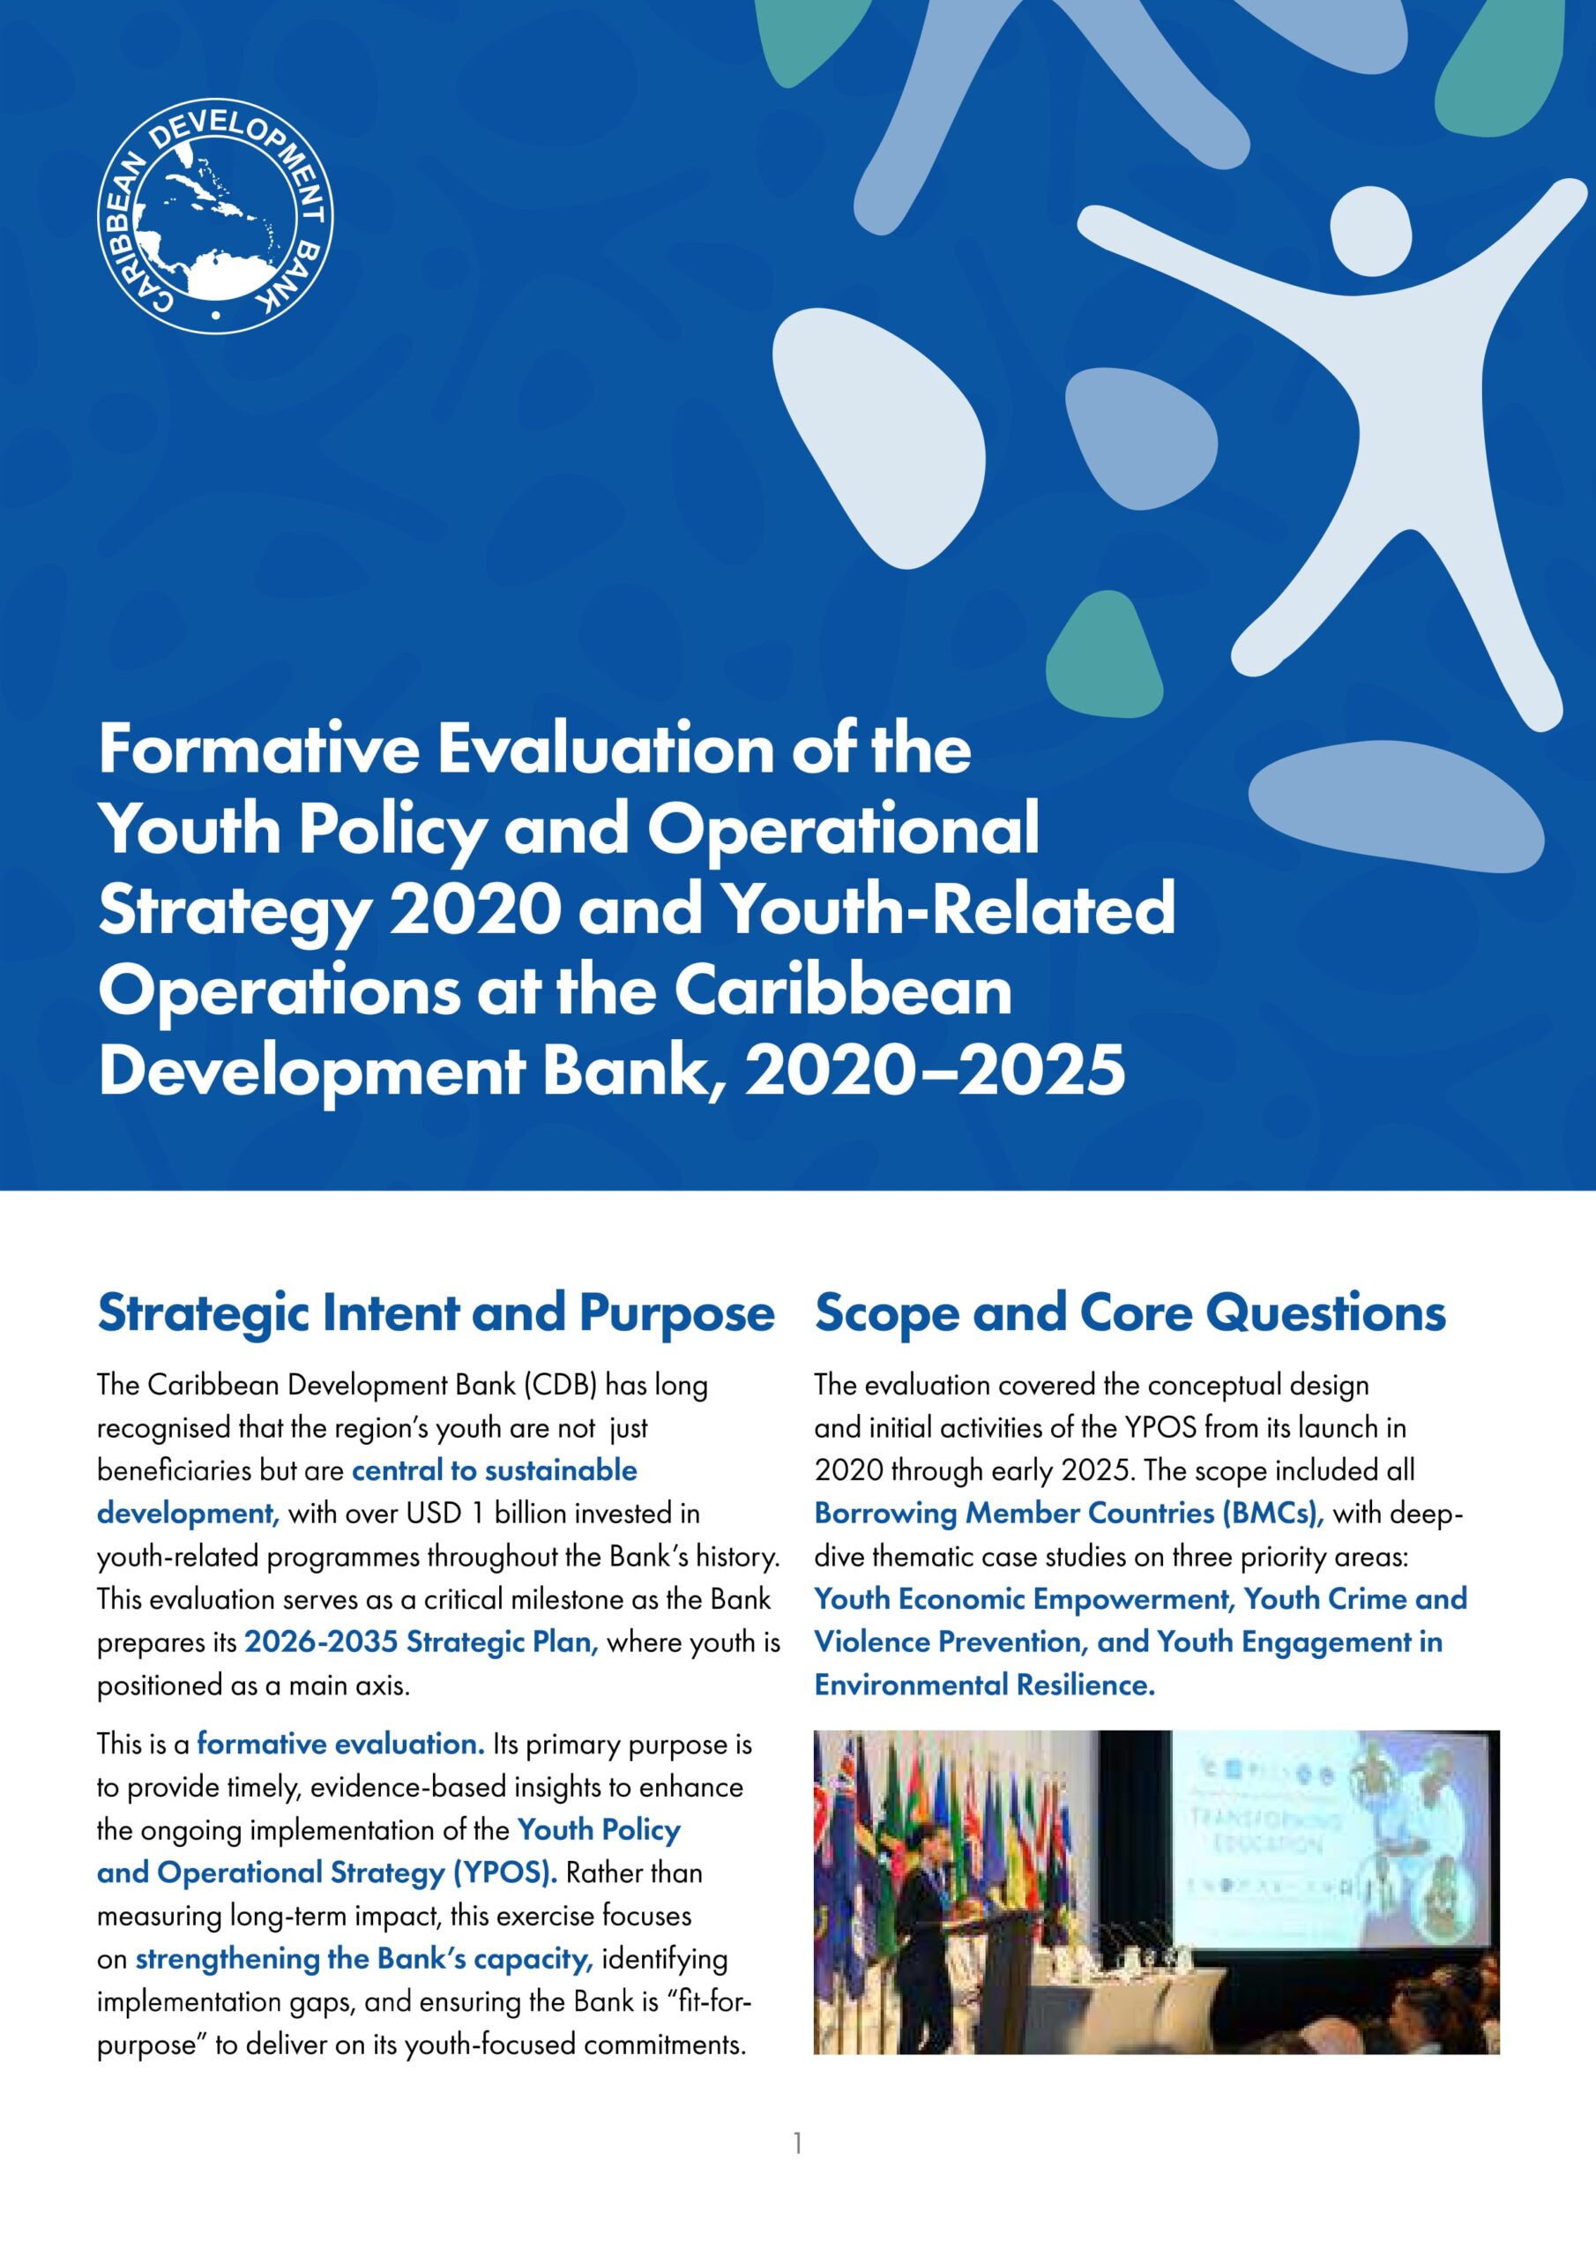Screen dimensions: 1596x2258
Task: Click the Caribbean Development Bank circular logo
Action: (215, 215)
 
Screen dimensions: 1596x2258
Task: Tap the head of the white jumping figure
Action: (1371, 230)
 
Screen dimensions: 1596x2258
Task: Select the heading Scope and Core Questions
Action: (1130, 1313)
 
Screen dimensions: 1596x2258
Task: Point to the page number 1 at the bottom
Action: (797, 2143)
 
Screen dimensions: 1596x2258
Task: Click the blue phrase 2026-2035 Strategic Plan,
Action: (421, 1642)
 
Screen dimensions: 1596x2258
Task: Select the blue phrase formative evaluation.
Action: (341, 1744)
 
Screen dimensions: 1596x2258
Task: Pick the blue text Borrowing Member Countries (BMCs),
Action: (1069, 1513)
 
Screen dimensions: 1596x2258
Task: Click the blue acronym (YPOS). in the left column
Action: (504, 1873)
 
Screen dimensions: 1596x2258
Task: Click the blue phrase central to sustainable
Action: (495, 1470)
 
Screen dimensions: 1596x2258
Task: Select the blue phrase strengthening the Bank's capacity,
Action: (364, 1959)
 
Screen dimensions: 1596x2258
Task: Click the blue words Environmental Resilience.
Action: (984, 1685)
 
